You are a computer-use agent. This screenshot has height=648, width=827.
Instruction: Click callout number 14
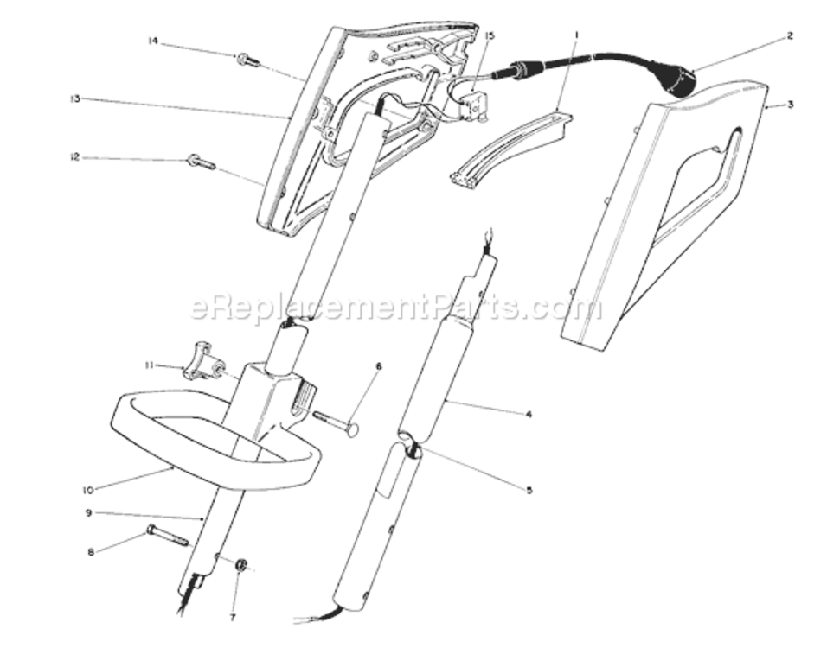[153, 41]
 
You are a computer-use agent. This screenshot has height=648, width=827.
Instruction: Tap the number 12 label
[75, 157]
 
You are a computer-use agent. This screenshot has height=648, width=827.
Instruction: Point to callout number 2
[790, 35]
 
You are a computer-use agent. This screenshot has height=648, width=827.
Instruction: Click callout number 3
[790, 105]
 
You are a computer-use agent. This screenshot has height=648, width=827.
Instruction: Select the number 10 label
[87, 491]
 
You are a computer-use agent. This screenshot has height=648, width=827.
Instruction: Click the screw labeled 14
[248, 60]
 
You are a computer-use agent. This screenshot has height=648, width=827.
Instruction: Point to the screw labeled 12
[201, 162]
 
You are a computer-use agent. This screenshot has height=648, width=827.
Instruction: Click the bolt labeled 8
[166, 534]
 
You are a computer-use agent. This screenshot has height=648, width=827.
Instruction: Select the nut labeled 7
[241, 565]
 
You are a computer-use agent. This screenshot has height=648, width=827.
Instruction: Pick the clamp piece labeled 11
[203, 360]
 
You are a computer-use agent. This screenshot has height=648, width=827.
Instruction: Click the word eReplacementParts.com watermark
[395, 307]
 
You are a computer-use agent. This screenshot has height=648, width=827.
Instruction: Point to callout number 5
[529, 491]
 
